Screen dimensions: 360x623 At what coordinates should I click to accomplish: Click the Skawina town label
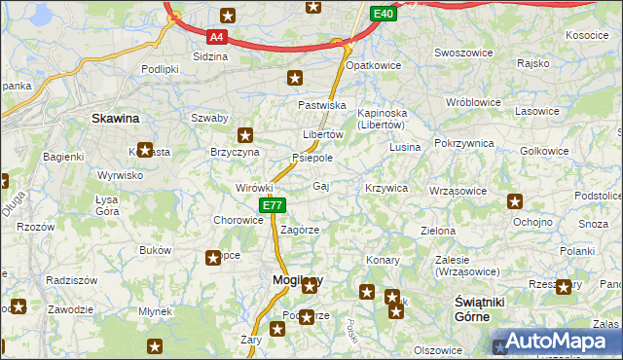point(115,118)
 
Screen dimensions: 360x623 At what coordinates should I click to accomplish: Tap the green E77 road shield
point(273,205)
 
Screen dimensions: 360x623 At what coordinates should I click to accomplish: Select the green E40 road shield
point(383,14)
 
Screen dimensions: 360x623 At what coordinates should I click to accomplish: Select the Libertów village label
point(323,134)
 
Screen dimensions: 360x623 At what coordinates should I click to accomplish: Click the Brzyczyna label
point(235,153)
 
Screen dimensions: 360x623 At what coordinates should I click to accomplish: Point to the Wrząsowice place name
point(457,191)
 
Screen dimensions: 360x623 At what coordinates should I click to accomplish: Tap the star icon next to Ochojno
point(515,202)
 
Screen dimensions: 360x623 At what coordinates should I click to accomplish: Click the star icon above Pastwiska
point(295,78)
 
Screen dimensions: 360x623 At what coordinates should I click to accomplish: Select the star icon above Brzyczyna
point(245,136)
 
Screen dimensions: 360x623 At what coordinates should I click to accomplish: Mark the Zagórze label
point(300,230)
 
